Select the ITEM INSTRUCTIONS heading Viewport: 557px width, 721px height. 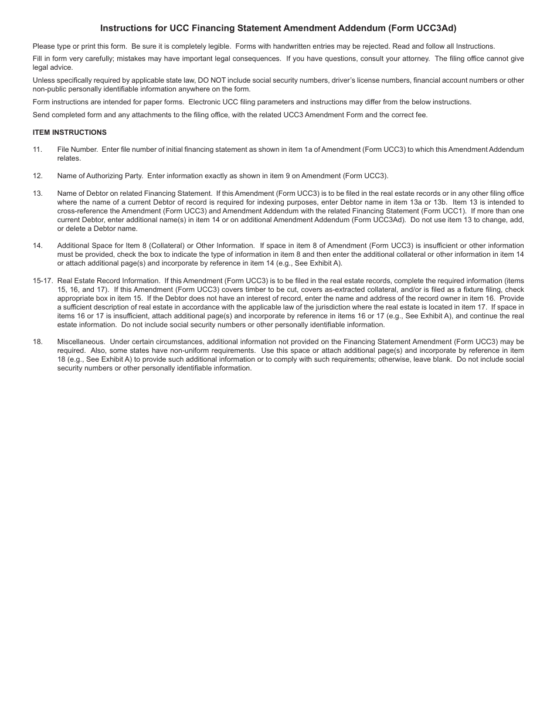pos(70,132)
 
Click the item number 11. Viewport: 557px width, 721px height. pos(38,149)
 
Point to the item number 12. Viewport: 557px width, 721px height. pos(38,176)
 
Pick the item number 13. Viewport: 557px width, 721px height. pos(38,193)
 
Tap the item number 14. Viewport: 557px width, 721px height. pos(38,246)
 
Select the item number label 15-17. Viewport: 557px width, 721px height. pos(43,281)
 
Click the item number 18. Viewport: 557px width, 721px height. pos(38,342)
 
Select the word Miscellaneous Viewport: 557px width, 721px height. pos(81,342)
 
